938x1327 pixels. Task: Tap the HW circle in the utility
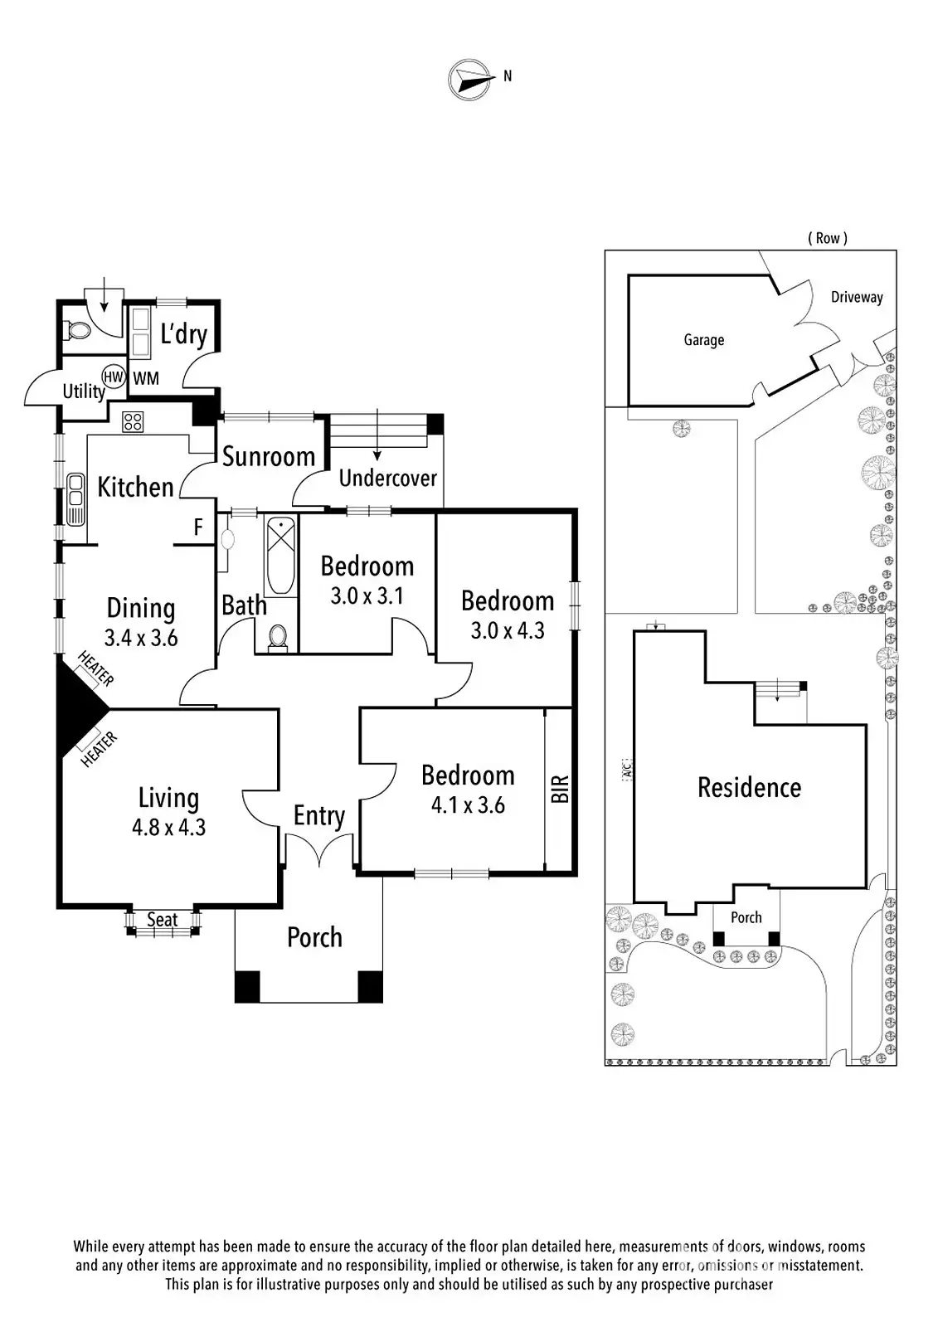tap(114, 377)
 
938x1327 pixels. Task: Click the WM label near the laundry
tap(146, 379)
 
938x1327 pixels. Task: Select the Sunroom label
tap(268, 456)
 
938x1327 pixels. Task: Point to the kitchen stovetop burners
tap(133, 421)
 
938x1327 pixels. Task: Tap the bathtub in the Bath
tap(281, 556)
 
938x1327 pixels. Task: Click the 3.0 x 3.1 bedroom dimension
tap(367, 595)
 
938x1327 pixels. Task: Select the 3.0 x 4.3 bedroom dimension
tap(507, 630)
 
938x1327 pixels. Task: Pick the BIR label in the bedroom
tap(560, 789)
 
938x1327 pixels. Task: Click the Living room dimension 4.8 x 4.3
tap(168, 827)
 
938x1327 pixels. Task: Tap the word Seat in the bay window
tap(163, 920)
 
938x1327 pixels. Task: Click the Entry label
tap(318, 816)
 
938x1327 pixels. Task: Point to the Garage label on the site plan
tap(703, 339)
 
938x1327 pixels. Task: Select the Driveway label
tap(857, 297)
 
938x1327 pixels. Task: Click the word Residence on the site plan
tap(749, 787)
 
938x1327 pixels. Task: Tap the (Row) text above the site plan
tap(828, 238)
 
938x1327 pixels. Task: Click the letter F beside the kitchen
tap(198, 527)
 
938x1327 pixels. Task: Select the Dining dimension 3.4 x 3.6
tap(141, 638)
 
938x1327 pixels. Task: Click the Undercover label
tap(387, 478)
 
